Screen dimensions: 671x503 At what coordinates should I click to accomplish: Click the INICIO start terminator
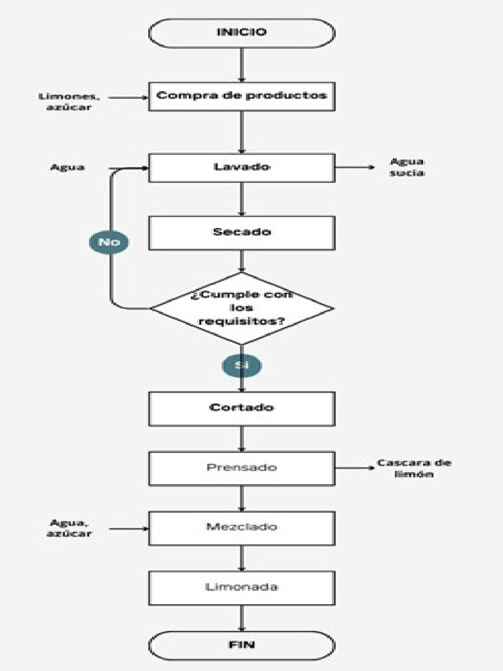coord(242,33)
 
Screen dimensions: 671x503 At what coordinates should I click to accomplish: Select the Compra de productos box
coord(242,96)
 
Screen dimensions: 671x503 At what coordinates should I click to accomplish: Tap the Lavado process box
coord(242,167)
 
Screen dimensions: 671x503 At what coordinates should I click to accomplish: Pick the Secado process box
coord(242,233)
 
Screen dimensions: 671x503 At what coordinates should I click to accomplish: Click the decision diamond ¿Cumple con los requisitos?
coord(242,308)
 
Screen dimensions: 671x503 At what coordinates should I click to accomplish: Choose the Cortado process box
coord(242,408)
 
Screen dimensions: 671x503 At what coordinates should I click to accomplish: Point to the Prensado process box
coord(242,468)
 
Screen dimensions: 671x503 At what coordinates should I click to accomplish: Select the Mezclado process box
coord(242,527)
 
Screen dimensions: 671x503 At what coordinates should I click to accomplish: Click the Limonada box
coord(242,587)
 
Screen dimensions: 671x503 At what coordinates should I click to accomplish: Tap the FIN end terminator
coord(242,645)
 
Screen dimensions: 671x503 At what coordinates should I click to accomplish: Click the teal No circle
coord(109,242)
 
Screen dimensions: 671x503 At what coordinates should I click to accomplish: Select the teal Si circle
coord(242,365)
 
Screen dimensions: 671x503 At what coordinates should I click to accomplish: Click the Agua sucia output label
coord(407,167)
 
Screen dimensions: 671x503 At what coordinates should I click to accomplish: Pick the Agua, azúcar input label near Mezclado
coord(70,527)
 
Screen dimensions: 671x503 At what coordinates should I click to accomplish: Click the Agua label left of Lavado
coord(67,167)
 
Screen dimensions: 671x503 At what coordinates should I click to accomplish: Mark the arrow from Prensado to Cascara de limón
coord(354,468)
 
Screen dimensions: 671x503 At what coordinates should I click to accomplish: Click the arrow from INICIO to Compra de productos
coord(242,64)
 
